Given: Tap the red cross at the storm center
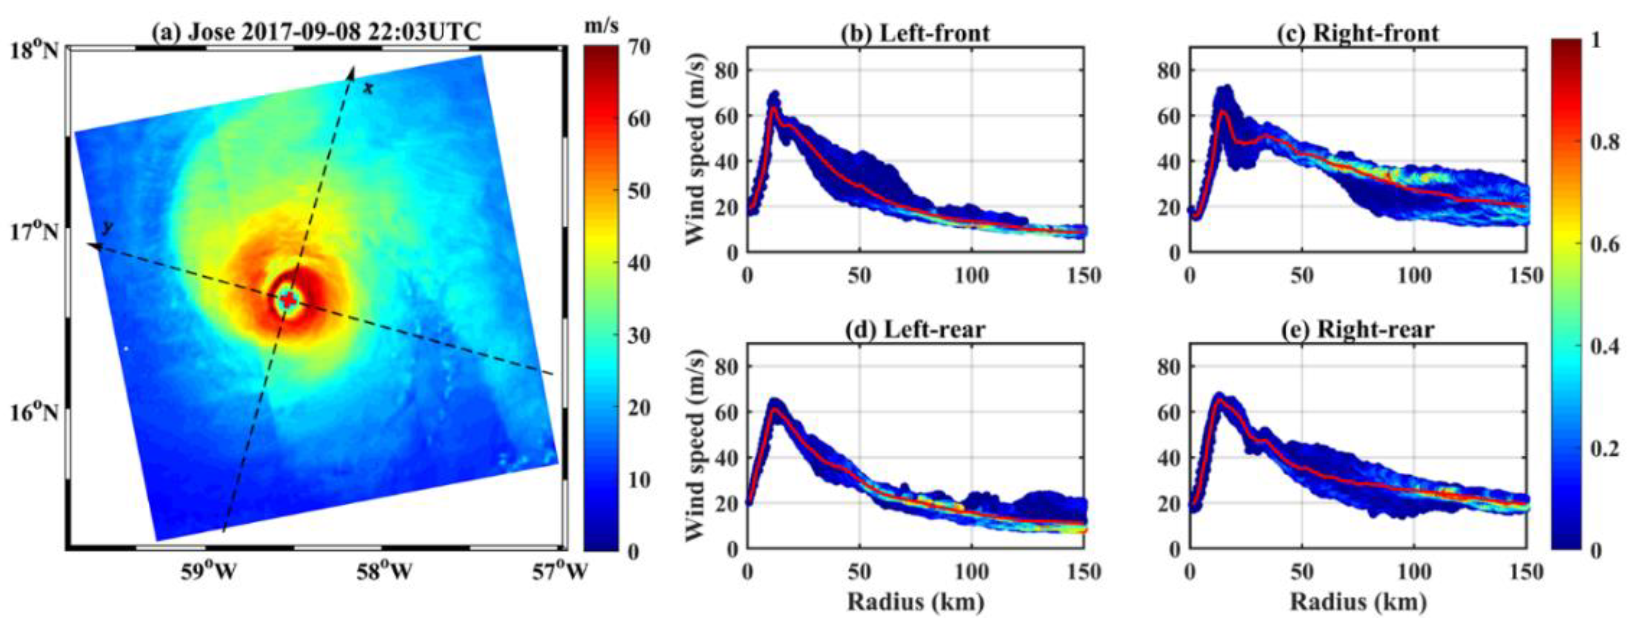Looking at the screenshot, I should coord(289,300).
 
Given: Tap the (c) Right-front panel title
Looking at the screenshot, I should coord(1357,32).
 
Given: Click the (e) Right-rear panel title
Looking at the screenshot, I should coord(1357,329).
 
